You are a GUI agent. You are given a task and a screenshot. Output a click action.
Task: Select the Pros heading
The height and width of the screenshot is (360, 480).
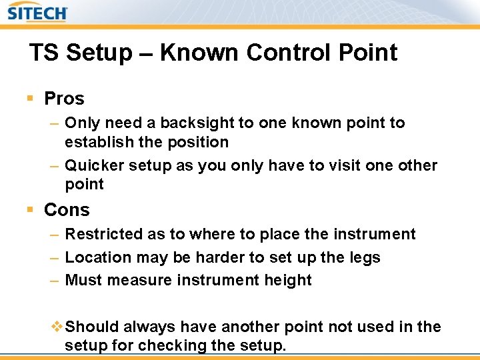click(x=64, y=99)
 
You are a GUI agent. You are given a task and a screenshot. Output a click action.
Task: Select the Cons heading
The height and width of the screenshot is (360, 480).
click(x=67, y=210)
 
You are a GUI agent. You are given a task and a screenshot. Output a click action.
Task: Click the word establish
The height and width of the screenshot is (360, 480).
click(x=97, y=142)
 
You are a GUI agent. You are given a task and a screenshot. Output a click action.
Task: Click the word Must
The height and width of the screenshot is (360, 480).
click(x=84, y=280)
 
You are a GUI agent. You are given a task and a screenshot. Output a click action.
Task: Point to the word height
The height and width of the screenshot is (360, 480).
click(x=287, y=280)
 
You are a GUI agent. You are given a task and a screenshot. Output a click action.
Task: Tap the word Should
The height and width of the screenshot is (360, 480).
click(x=93, y=327)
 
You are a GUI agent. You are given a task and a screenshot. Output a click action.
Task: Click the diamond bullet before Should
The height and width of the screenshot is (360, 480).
click(x=57, y=327)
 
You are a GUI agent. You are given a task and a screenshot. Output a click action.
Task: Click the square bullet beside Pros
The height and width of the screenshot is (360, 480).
click(x=30, y=99)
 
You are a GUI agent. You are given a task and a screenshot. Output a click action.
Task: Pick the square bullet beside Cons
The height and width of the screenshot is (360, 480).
click(x=30, y=210)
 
